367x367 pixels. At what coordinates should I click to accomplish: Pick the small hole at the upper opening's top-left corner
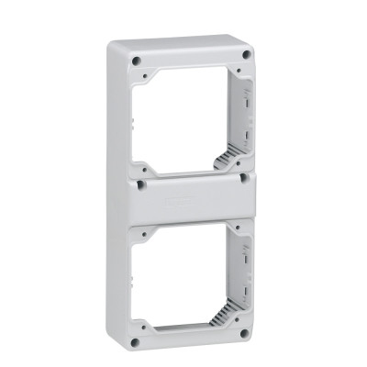(x=150, y=75)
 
